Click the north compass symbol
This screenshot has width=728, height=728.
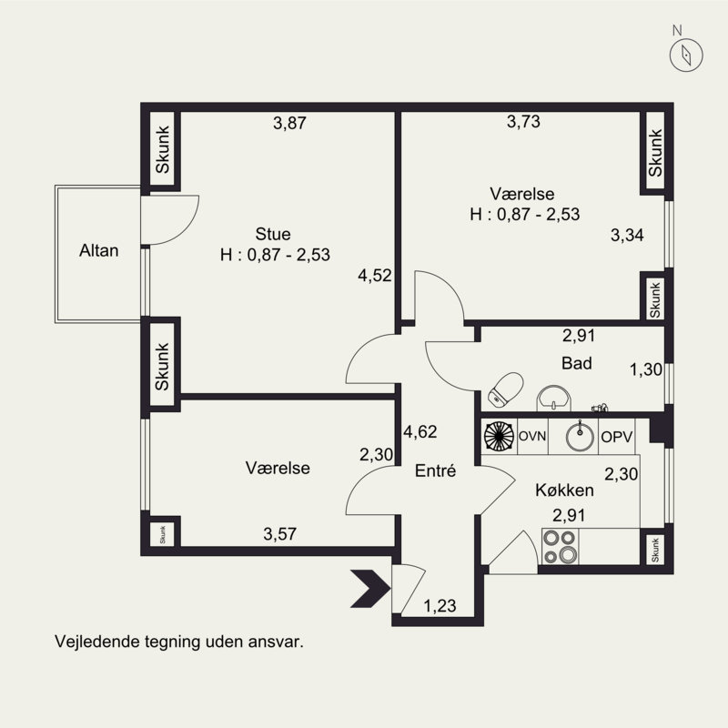pos(683,55)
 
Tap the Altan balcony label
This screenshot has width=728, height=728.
pos(98,250)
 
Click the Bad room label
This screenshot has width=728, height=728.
pos(577,363)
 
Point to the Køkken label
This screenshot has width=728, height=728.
pos(564,490)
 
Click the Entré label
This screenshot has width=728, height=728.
pos(434,471)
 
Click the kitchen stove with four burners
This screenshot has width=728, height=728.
pos(560,546)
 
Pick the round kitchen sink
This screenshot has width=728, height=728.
pos(580,436)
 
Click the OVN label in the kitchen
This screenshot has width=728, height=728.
pos(532,437)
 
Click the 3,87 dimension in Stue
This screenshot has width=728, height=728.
pos(289,125)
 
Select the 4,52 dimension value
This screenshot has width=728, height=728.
pos(375,276)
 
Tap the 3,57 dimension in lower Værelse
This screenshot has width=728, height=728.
pos(280,534)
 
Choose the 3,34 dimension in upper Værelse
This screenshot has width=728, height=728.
pos(627,236)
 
